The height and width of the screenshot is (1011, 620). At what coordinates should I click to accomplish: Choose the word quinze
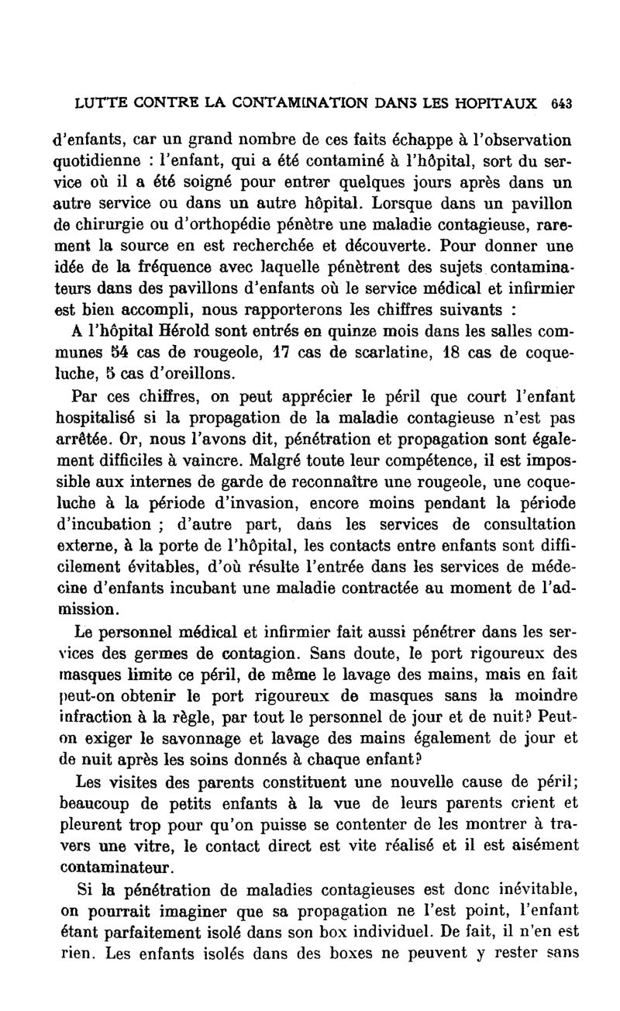pyautogui.click(x=356, y=332)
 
